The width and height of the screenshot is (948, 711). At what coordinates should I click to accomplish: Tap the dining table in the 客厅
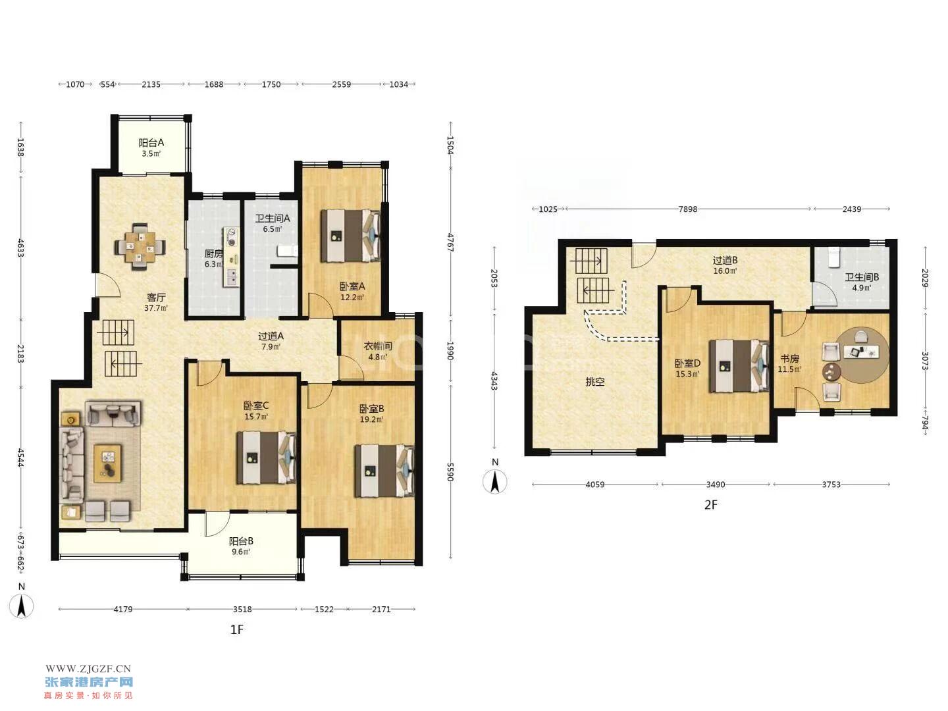140,248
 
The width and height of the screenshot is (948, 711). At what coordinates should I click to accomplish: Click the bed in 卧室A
350,236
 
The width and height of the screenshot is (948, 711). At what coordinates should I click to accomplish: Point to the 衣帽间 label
377,346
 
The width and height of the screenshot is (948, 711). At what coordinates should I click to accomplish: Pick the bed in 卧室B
384,471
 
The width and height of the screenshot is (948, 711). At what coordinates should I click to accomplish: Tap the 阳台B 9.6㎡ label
241,546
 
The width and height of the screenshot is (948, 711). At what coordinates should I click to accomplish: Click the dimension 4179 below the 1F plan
123,609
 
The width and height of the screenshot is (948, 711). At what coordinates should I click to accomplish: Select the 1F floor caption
237,630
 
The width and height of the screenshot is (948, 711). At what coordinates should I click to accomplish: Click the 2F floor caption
710,505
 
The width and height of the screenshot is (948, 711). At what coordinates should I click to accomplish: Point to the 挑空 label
594,382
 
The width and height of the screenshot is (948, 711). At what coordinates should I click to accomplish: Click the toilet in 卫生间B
833,257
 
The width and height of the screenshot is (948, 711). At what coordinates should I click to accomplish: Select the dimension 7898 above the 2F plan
687,209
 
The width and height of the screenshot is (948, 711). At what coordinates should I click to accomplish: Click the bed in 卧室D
739,366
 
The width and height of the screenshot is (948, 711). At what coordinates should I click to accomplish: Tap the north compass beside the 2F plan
495,481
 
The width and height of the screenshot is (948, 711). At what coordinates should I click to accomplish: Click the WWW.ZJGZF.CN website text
88,669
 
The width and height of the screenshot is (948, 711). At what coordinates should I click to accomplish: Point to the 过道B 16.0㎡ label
725,265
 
